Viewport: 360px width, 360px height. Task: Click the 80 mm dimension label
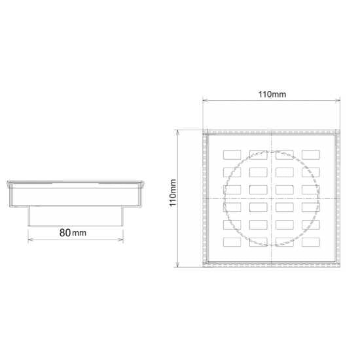pos(73,233)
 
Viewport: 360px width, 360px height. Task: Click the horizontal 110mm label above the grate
pos(272,94)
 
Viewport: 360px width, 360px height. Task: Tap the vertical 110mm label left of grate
pos(173,193)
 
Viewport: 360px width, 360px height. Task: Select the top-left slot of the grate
pos(232,154)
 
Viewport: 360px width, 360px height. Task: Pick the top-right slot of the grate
pos(311,154)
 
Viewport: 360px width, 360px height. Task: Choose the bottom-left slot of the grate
pos(232,242)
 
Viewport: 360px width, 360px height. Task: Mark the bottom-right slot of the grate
pos(311,242)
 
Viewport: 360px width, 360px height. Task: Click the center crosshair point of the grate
pos(272,198)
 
